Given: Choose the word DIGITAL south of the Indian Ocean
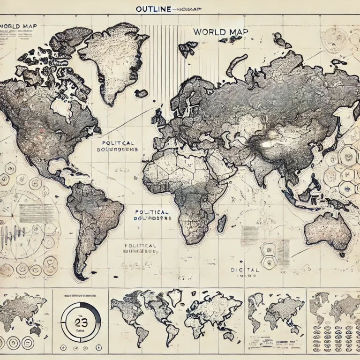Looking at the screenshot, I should pyautogui.click(x=244, y=270).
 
